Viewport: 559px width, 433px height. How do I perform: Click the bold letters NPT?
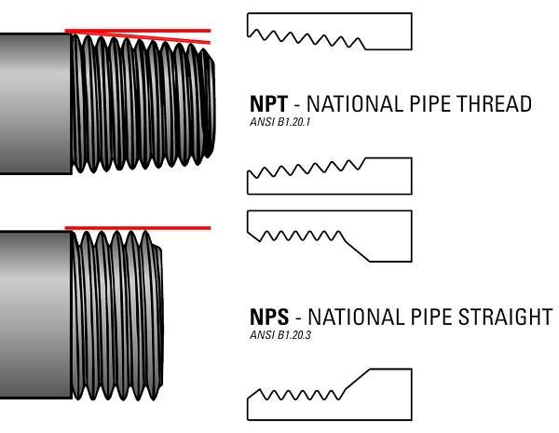click(x=269, y=103)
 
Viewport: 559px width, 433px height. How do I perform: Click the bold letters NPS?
click(x=269, y=317)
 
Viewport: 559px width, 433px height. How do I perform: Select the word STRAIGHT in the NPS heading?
click(x=508, y=317)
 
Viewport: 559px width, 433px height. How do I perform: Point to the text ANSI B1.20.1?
click(x=279, y=122)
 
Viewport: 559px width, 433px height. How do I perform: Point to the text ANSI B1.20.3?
click(x=279, y=334)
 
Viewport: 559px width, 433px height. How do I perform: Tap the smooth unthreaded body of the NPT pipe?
click(x=35, y=102)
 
